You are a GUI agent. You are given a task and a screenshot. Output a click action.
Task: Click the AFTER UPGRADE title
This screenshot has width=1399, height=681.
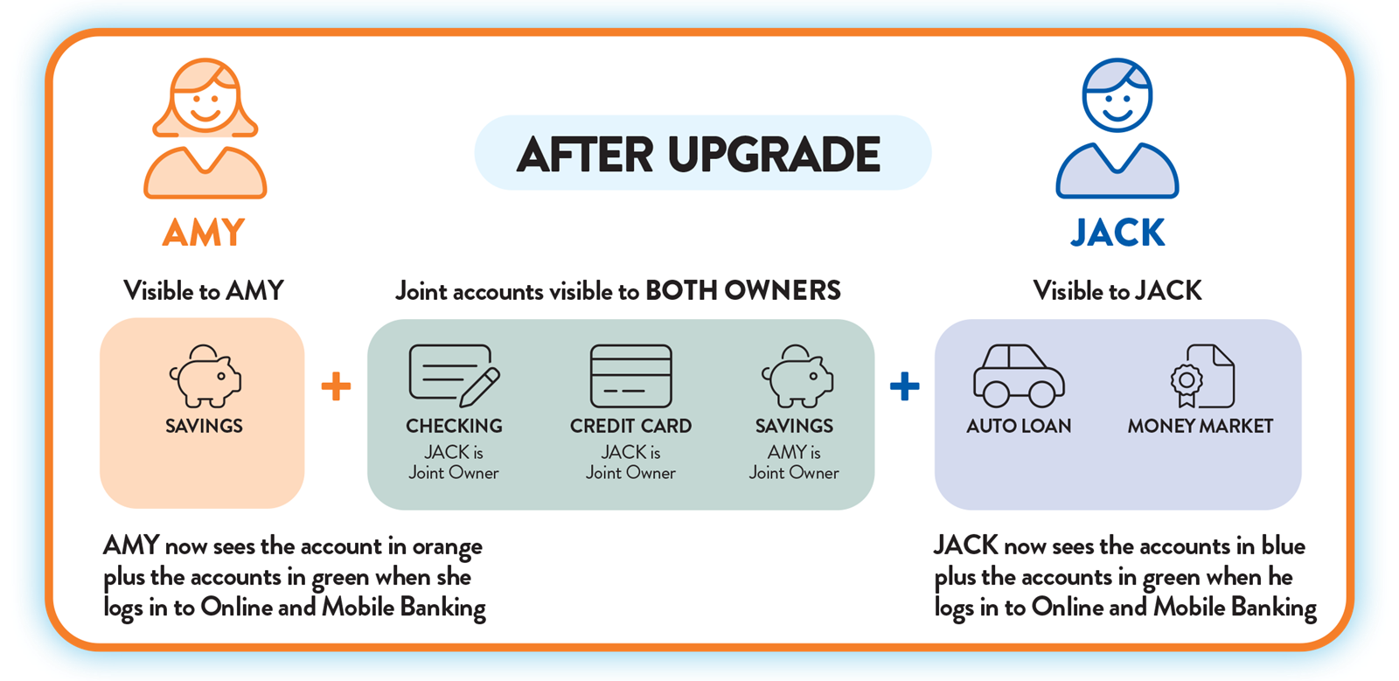pos(699,154)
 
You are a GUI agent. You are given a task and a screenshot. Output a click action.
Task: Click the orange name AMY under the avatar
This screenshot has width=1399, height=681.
pos(204,233)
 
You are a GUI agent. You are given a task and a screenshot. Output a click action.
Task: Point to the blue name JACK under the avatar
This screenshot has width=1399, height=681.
pos(1117,233)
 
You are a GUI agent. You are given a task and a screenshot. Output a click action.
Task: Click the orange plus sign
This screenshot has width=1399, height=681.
pos(336,386)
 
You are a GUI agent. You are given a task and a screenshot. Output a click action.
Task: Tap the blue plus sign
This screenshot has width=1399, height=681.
pos(904,386)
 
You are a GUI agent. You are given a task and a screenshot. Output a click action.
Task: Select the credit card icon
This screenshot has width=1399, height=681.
pos(630,376)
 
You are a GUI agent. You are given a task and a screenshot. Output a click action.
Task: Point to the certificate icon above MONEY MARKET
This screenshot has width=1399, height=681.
pos(1202,377)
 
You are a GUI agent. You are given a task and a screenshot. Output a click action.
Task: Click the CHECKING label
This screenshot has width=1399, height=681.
pos(454,426)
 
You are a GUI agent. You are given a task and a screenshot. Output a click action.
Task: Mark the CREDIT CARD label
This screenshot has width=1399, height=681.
pos(630,426)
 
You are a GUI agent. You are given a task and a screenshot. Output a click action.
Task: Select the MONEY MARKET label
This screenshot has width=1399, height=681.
pos(1200,426)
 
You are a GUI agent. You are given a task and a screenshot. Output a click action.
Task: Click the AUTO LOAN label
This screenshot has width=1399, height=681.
pos(1019,426)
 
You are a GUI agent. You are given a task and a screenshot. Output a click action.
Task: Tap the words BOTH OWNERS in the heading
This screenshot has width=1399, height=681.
pos(743,291)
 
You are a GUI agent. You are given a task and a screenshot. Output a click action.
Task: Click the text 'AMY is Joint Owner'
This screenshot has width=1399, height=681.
pos(794,462)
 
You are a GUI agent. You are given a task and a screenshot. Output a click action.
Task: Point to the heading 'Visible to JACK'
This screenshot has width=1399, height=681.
pos(1117,291)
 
